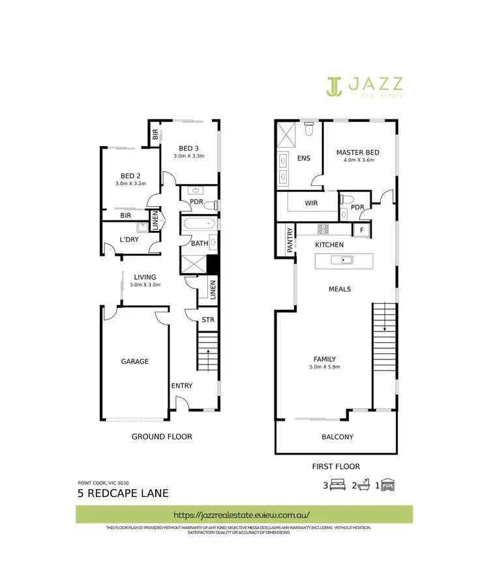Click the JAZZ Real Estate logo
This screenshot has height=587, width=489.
pos(364,86)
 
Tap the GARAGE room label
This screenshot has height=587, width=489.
pos(134,361)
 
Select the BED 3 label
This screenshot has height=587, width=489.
pos(189,148)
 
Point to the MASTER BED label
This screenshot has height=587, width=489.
pos(357,153)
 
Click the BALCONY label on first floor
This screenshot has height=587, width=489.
pos(337,437)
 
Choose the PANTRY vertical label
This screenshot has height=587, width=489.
pos(284,239)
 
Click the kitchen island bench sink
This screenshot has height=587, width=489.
pos(342,261)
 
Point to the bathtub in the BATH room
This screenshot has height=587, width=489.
pos(199,224)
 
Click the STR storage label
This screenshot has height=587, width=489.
pos(208,320)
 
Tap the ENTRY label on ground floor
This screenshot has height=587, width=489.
pos(182,385)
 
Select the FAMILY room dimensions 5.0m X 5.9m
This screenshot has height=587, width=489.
pos(325,367)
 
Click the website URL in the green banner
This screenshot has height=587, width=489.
pos(243,514)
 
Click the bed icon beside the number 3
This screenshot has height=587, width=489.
pos(338,485)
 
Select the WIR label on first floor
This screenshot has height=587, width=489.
pos(312,203)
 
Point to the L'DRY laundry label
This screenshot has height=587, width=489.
pos(129,239)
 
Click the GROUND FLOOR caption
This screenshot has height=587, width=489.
pos(162,436)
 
